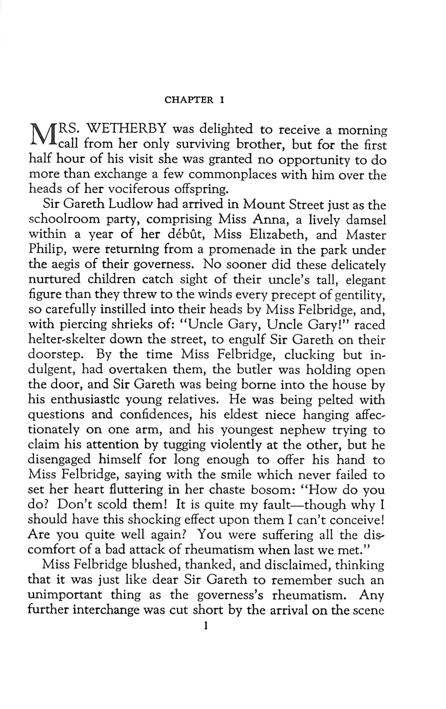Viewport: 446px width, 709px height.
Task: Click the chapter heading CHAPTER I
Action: click(195, 100)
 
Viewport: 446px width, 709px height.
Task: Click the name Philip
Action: click(46, 250)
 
